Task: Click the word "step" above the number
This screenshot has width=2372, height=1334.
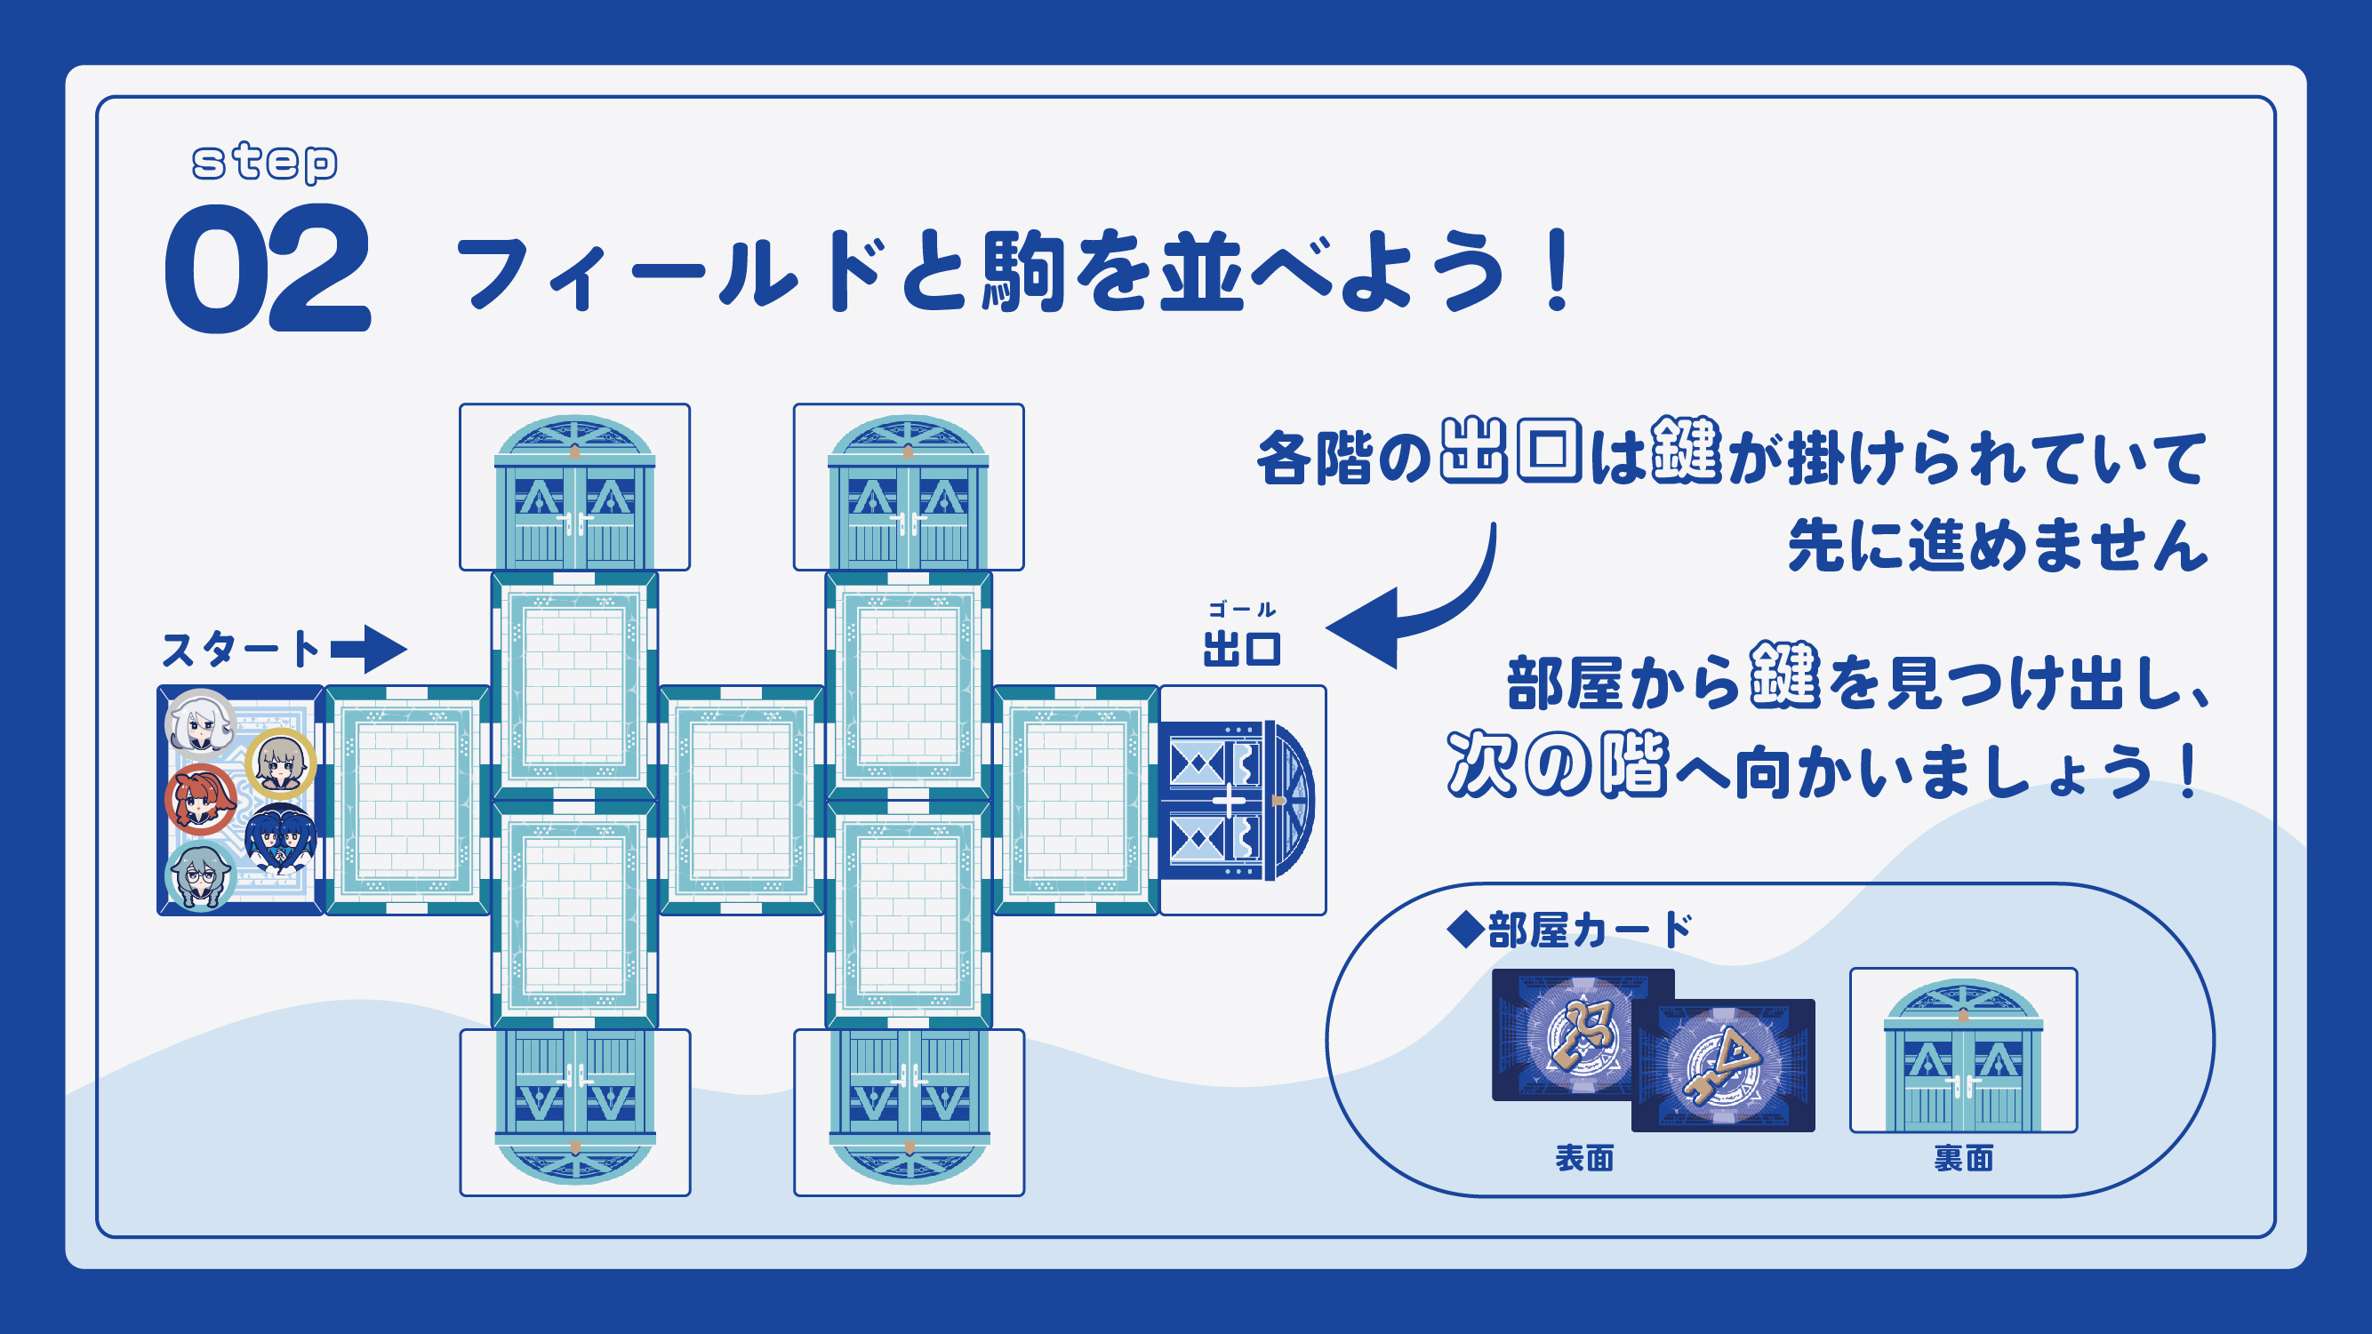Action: [264, 163]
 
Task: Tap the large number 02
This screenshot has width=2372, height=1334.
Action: [268, 268]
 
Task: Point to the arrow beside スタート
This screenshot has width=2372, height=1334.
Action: [369, 649]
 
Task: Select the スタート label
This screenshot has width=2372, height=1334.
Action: [241, 650]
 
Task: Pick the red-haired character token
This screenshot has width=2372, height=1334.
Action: [201, 799]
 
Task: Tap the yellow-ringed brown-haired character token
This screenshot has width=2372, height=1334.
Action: [280, 763]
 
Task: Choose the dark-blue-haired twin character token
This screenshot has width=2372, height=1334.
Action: [280, 838]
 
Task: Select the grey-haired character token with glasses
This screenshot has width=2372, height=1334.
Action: [200, 876]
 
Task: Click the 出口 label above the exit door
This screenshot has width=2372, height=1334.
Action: [1242, 649]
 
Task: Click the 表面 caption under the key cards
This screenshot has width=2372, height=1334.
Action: [1583, 1158]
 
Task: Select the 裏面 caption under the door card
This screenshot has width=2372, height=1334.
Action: [1963, 1158]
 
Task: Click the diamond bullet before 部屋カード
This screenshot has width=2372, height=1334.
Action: [1464, 930]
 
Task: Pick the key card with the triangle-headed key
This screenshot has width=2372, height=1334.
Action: [1723, 1066]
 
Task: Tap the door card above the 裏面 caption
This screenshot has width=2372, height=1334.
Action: [1963, 1050]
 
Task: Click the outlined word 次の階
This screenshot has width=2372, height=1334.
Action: [1557, 764]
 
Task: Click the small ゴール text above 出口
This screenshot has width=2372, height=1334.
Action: [1242, 610]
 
